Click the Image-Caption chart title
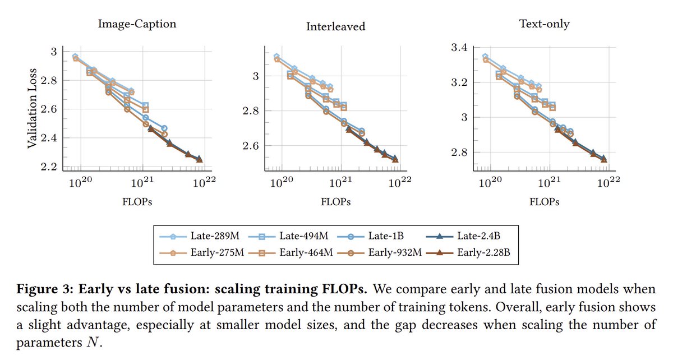pos(137,24)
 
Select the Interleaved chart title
pos(335,26)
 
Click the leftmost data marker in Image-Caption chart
pos(75,57)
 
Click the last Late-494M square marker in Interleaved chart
pos(343,105)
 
